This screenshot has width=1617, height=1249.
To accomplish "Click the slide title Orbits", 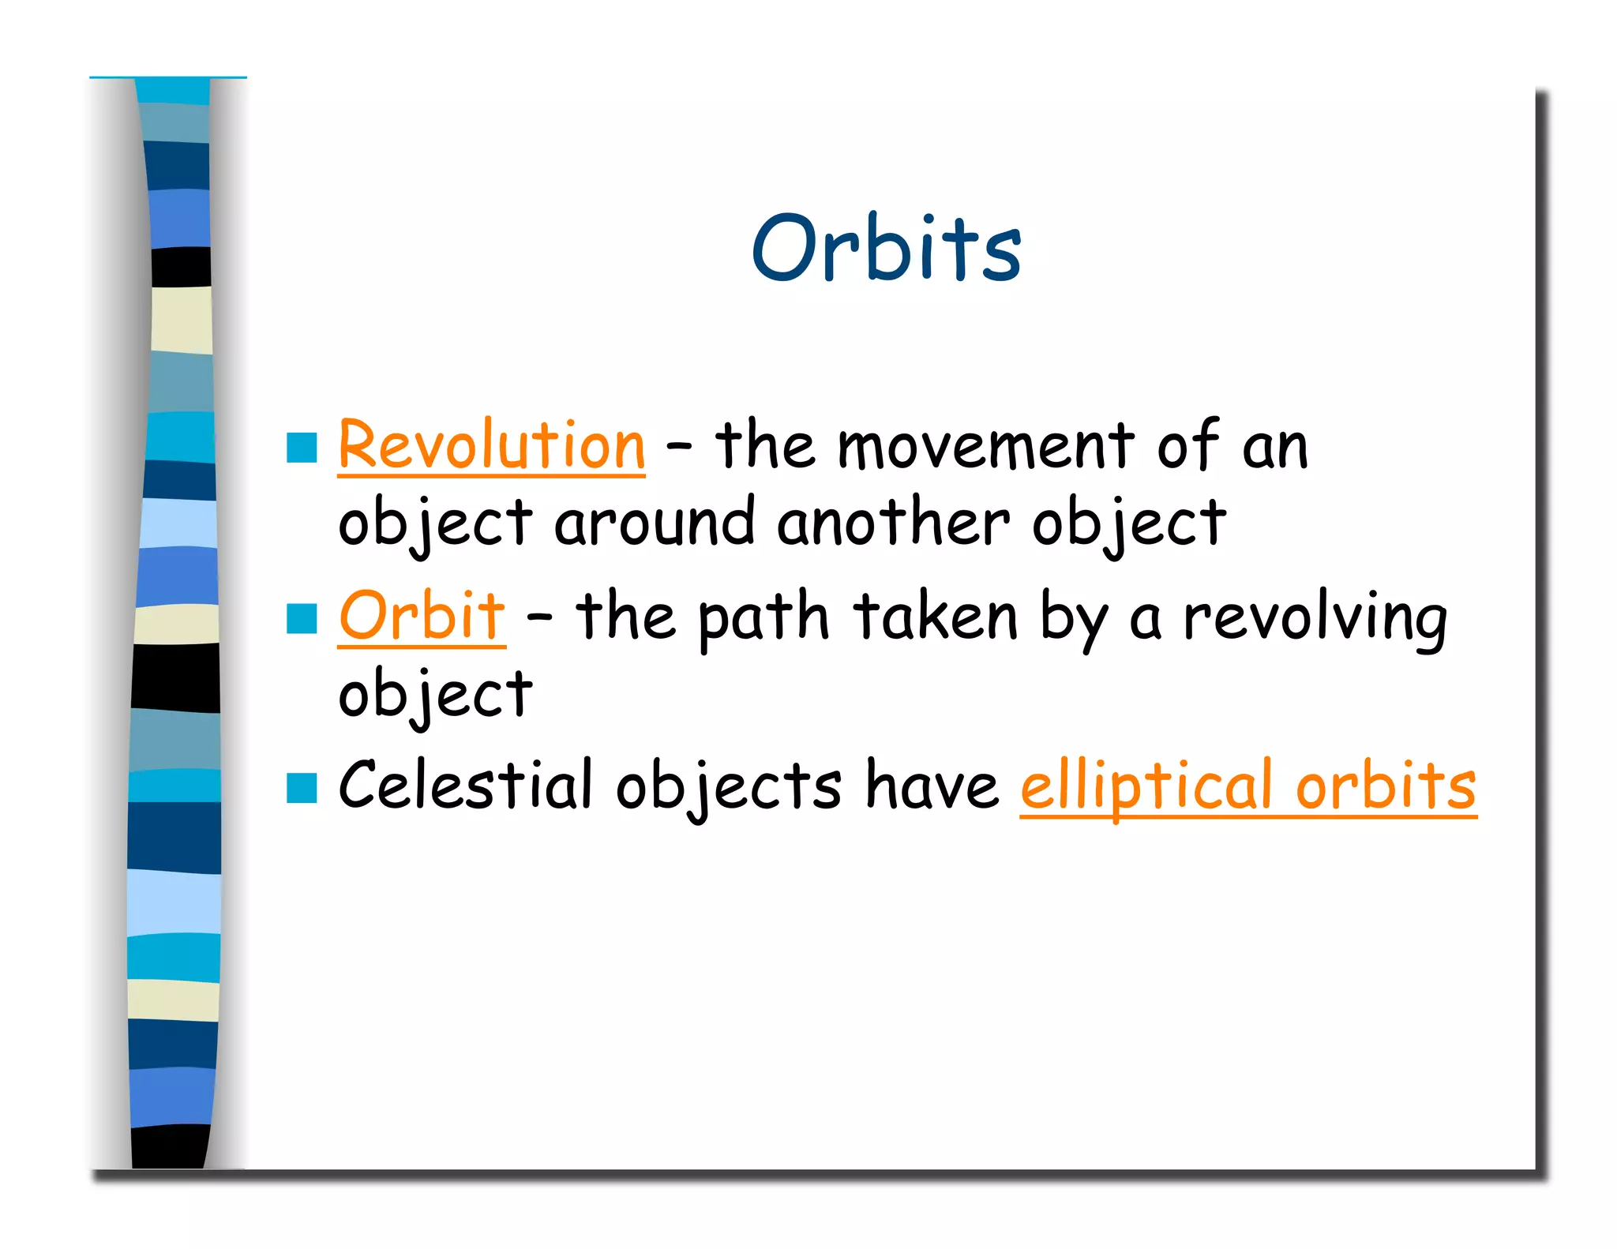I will [886, 248].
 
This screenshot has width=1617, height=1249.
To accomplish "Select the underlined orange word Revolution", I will [491, 445].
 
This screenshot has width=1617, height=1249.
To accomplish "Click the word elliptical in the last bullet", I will [1146, 786].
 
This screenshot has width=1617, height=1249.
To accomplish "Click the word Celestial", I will [465, 785].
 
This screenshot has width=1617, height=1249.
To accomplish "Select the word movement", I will [985, 447].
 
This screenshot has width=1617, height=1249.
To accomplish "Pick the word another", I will [893, 523].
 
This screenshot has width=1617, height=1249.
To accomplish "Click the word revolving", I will [1315, 617].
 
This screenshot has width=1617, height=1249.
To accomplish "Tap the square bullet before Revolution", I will [302, 448].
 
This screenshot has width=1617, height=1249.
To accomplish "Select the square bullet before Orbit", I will [302, 618].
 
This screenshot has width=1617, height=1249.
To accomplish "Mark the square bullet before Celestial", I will [302, 788].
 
